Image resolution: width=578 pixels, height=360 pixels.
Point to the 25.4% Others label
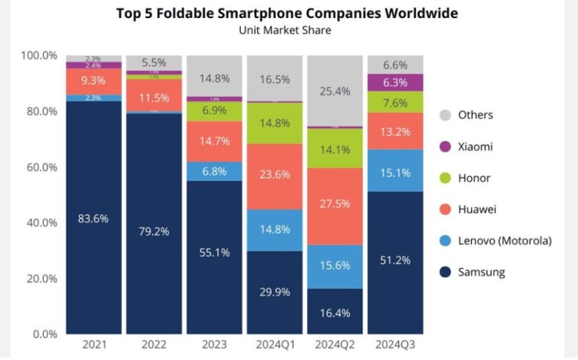pos(335,91)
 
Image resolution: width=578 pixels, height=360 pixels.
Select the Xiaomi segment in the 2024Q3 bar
pos(395,83)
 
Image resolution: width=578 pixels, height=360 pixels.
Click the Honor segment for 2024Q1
pos(275,123)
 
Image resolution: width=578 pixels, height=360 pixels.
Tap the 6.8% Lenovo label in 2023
pos(214,171)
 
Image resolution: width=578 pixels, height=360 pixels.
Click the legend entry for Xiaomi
pos(475,147)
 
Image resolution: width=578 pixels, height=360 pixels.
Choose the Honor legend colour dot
pos(444,178)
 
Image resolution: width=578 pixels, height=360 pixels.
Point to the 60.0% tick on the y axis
pos(39,166)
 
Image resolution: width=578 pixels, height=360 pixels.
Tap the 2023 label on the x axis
pos(214,346)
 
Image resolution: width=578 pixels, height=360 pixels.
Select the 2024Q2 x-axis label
pos(335,346)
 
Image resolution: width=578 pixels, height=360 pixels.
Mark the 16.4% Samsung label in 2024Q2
pos(335,312)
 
